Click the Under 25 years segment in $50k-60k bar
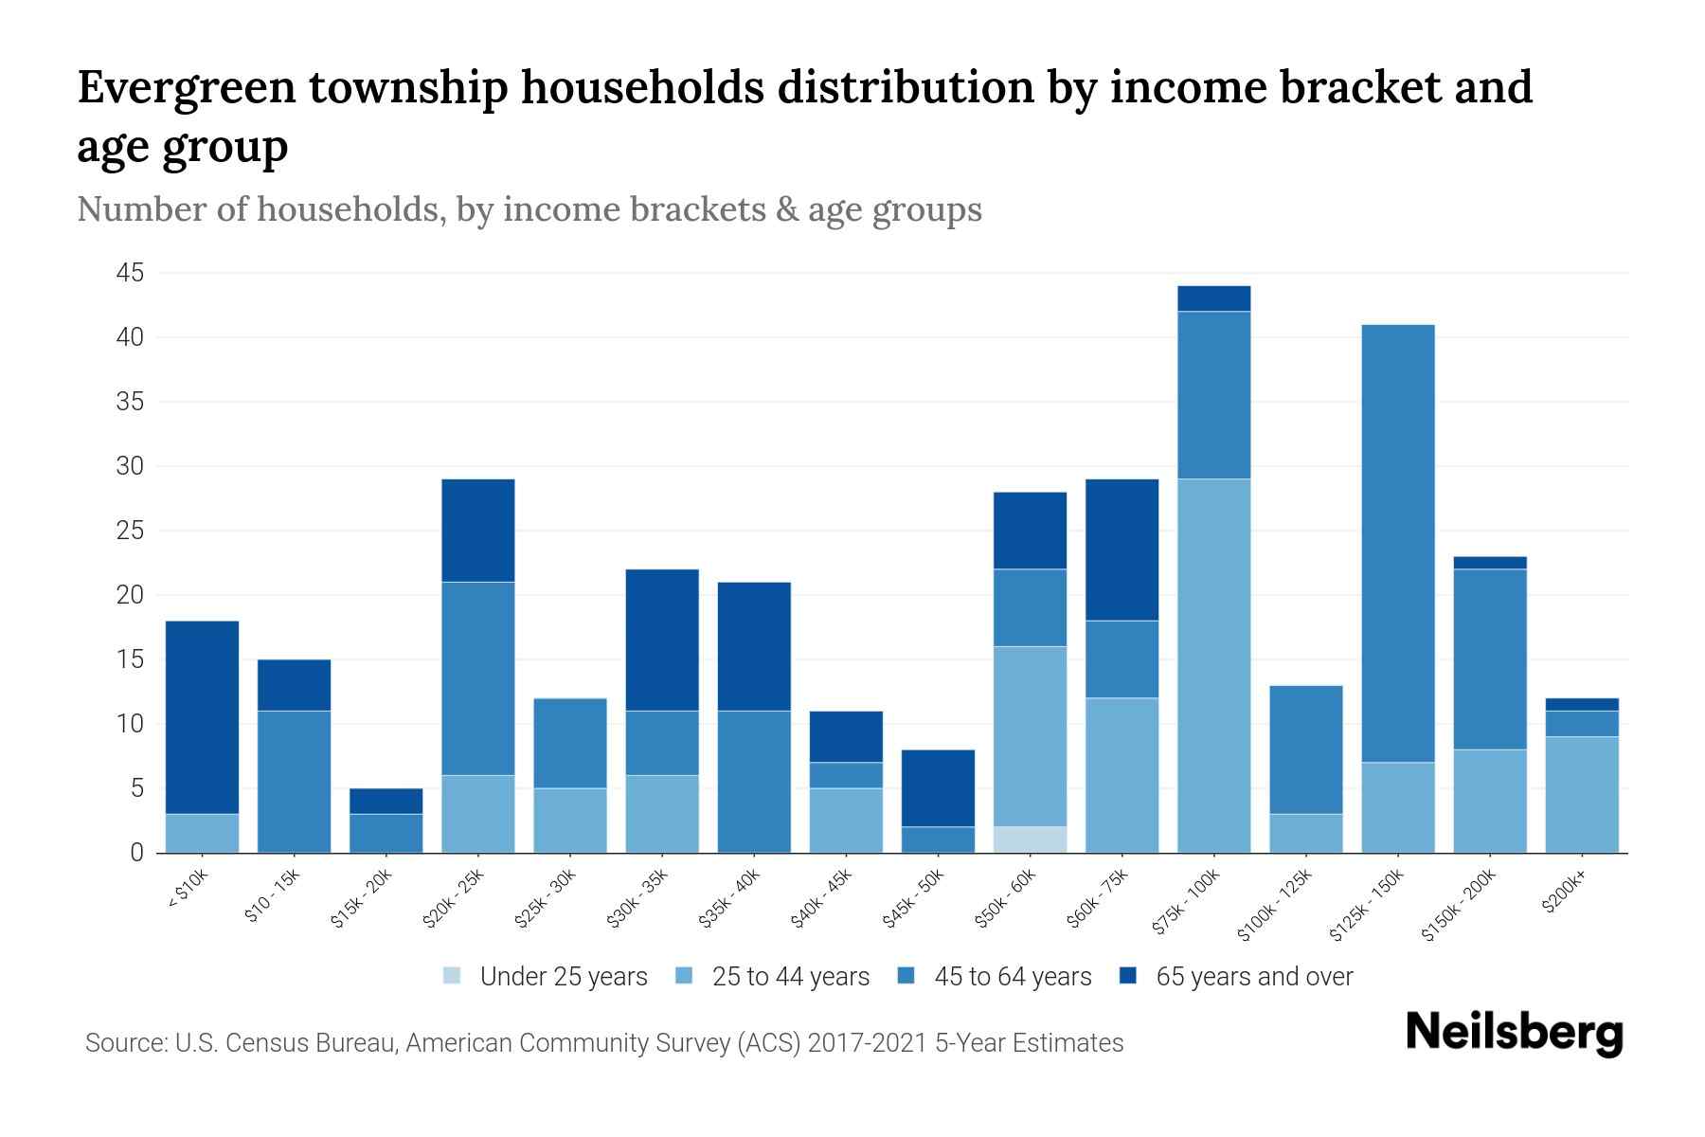pyautogui.click(x=1030, y=839)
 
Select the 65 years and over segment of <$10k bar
pyautogui.click(x=202, y=717)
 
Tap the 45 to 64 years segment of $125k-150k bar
pyautogui.click(x=1398, y=543)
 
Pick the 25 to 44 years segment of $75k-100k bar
pyautogui.click(x=1213, y=665)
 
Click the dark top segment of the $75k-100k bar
pyautogui.click(x=1213, y=298)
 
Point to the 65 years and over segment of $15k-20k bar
pyautogui.click(x=386, y=801)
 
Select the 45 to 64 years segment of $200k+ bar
pyautogui.click(x=1582, y=724)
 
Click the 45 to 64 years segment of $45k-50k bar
pyautogui.click(x=938, y=839)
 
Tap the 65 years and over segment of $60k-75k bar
pyautogui.click(x=1122, y=550)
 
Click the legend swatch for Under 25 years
pyautogui.click(x=453, y=976)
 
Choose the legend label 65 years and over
pyautogui.click(x=1253, y=977)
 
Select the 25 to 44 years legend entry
pyautogui.click(x=790, y=977)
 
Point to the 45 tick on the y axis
pyautogui.click(x=130, y=274)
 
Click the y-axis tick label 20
pyautogui.click(x=130, y=596)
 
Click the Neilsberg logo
pyautogui.click(x=1514, y=1034)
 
